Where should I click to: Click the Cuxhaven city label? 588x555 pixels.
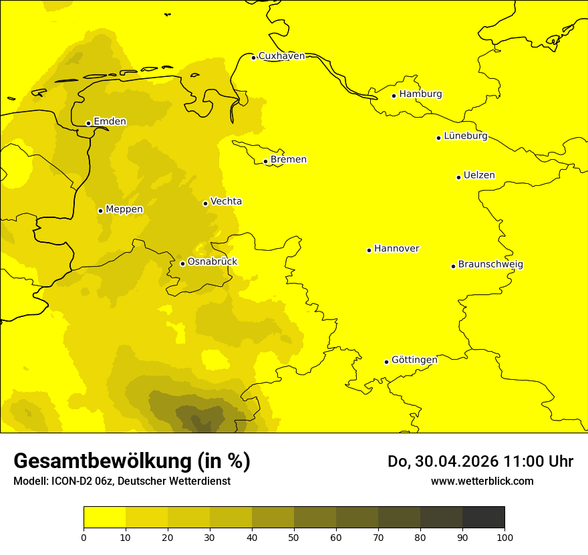click(x=281, y=56)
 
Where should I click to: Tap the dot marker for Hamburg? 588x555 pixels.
click(x=394, y=96)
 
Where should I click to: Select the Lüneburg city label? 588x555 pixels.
click(x=466, y=136)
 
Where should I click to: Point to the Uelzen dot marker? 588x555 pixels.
click(x=458, y=177)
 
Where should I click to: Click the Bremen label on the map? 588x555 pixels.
click(x=289, y=160)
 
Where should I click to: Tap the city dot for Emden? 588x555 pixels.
click(x=88, y=123)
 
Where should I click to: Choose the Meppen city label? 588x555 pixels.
click(x=124, y=210)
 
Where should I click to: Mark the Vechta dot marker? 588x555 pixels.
click(x=205, y=203)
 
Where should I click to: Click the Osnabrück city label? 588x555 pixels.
click(x=212, y=262)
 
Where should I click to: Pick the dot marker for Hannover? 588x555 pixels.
click(x=369, y=250)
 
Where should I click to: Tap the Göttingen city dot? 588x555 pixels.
click(x=386, y=362)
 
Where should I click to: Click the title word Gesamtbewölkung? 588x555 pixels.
click(x=102, y=461)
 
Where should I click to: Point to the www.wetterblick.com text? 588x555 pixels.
click(x=482, y=481)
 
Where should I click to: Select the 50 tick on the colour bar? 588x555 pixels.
click(x=294, y=537)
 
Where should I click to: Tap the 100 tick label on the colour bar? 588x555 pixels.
click(x=504, y=537)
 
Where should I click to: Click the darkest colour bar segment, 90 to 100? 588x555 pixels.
click(x=483, y=518)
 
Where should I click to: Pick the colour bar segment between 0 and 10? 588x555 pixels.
click(x=105, y=518)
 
